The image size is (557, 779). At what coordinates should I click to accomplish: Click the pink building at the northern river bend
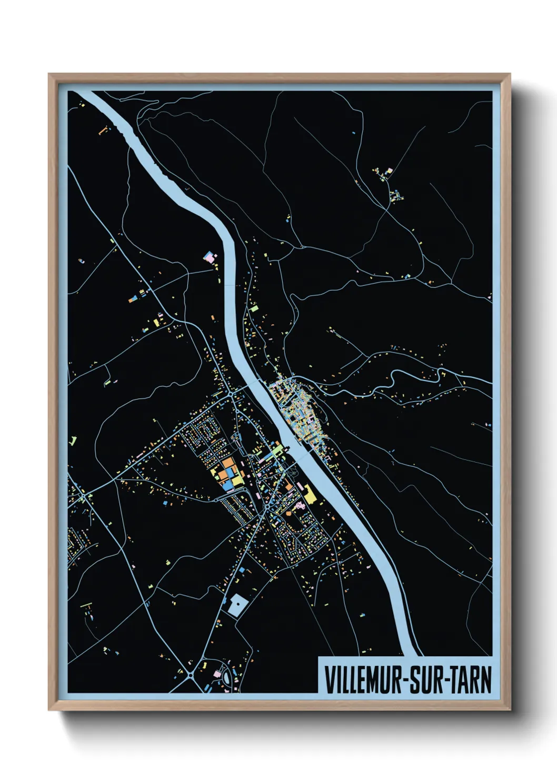(209, 258)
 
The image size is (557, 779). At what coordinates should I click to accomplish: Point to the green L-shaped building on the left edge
(73, 441)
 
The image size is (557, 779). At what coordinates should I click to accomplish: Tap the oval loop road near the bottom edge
(226, 676)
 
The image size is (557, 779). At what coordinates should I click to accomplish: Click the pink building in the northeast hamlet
(390, 171)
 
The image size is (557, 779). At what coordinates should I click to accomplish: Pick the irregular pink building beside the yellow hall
(300, 505)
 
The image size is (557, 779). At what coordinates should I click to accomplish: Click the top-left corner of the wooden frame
(49, 74)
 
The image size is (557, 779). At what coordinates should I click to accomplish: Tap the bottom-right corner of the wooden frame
(510, 710)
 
